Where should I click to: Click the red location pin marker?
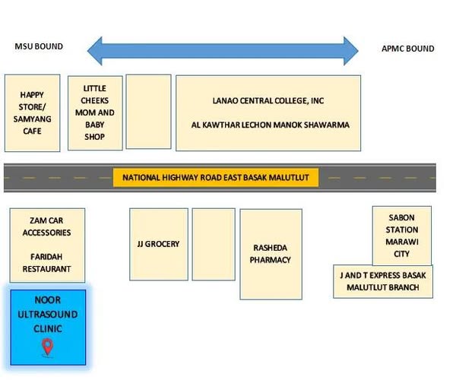pyautogui.click(x=47, y=347)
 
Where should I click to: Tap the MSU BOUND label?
pyautogui.click(x=39, y=47)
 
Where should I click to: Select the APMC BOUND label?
pyautogui.click(x=407, y=49)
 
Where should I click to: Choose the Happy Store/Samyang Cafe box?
pyautogui.click(x=32, y=112)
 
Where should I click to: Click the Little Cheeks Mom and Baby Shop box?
pyautogui.click(x=94, y=112)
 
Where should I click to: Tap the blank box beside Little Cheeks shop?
pyautogui.click(x=148, y=111)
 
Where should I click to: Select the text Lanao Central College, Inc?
pyautogui.click(x=268, y=100)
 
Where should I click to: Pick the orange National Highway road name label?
pyautogui.click(x=216, y=178)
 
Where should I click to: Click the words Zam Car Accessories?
pyautogui.click(x=46, y=226)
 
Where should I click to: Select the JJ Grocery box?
pyautogui.click(x=158, y=243)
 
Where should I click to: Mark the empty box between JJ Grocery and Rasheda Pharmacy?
pyautogui.click(x=213, y=243)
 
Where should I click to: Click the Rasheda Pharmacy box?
pyautogui.click(x=271, y=254)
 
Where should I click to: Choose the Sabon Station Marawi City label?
pyautogui.click(x=401, y=236)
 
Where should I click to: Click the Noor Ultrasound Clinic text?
pyautogui.click(x=48, y=315)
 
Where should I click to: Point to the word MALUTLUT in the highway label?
pyautogui.click(x=292, y=178)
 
